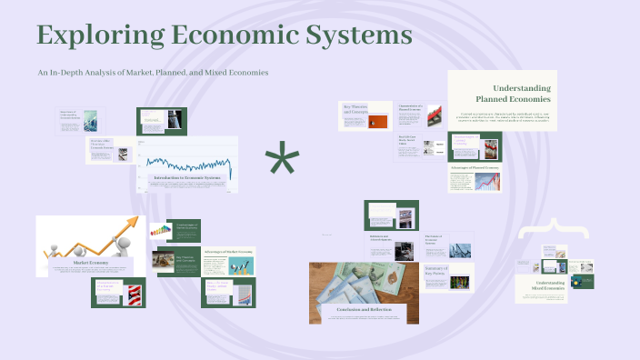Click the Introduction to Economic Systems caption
tap(187, 177)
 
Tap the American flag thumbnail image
tap(132, 293)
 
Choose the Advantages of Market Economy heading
tap(227, 250)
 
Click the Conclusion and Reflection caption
tap(364, 310)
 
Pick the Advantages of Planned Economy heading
tap(474, 168)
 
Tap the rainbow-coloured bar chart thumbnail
tap(160, 231)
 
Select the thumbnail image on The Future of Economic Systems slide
tap(460, 249)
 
